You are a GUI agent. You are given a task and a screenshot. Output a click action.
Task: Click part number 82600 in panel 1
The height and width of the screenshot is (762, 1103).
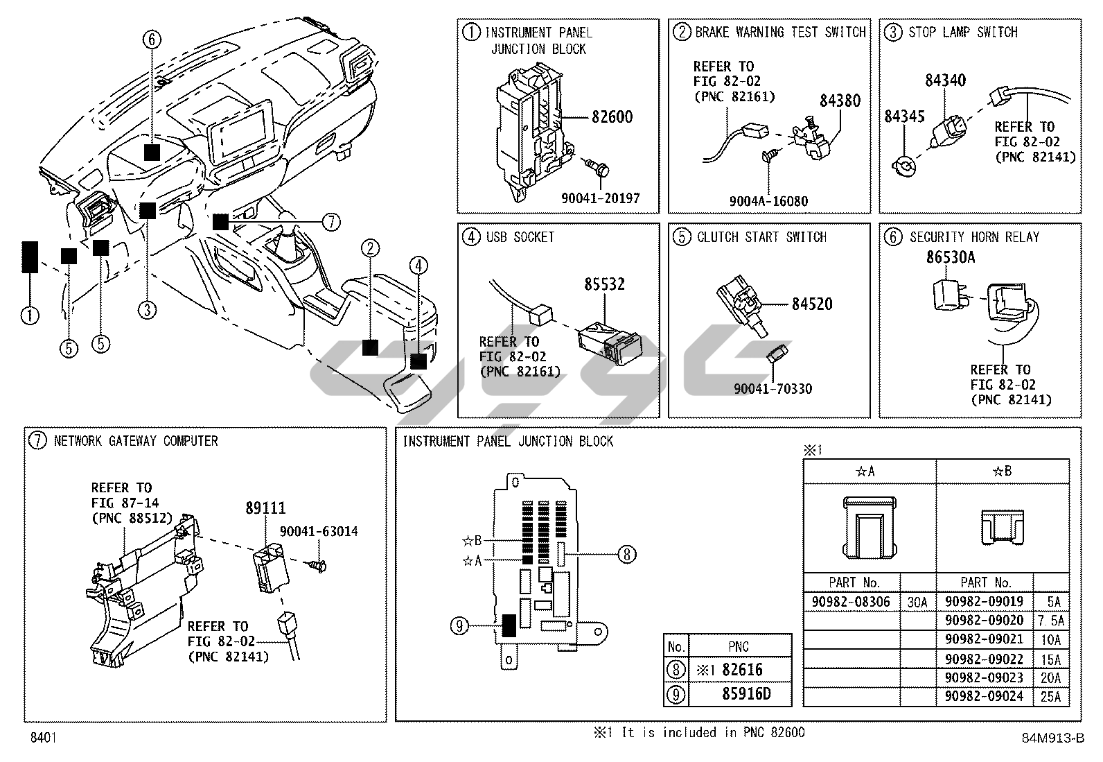pos(612,117)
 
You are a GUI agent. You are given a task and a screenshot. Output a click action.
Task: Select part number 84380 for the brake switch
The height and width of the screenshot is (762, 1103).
pos(840,101)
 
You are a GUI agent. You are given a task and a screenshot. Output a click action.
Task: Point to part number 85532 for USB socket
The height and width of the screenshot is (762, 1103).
pos(604,284)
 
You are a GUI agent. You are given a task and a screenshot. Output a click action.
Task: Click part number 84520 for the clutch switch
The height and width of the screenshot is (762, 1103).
pos(812,304)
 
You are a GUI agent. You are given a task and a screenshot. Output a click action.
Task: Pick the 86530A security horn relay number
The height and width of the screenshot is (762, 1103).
pos(951,257)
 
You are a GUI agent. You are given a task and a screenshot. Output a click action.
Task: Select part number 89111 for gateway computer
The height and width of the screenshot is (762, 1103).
pos(265,508)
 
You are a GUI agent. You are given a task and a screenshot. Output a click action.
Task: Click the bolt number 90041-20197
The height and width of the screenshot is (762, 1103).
pos(600,198)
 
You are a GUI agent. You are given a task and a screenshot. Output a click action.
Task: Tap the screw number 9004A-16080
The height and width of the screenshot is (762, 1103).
pos(768,202)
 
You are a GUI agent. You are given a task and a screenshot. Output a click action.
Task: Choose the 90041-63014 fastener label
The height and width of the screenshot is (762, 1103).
pos(319,532)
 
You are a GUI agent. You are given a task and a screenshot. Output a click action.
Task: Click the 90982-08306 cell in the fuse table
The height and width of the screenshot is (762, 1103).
pos(851,602)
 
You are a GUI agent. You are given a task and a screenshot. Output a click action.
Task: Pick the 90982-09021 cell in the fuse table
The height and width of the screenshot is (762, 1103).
pos(984,639)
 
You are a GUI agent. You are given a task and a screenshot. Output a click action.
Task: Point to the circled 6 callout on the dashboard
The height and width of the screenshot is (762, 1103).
pos(152,40)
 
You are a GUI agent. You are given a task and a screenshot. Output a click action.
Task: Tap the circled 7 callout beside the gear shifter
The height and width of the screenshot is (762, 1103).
pos(331,222)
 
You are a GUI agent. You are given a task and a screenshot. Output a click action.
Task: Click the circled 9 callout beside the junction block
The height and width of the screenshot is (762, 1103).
pos(459,626)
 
